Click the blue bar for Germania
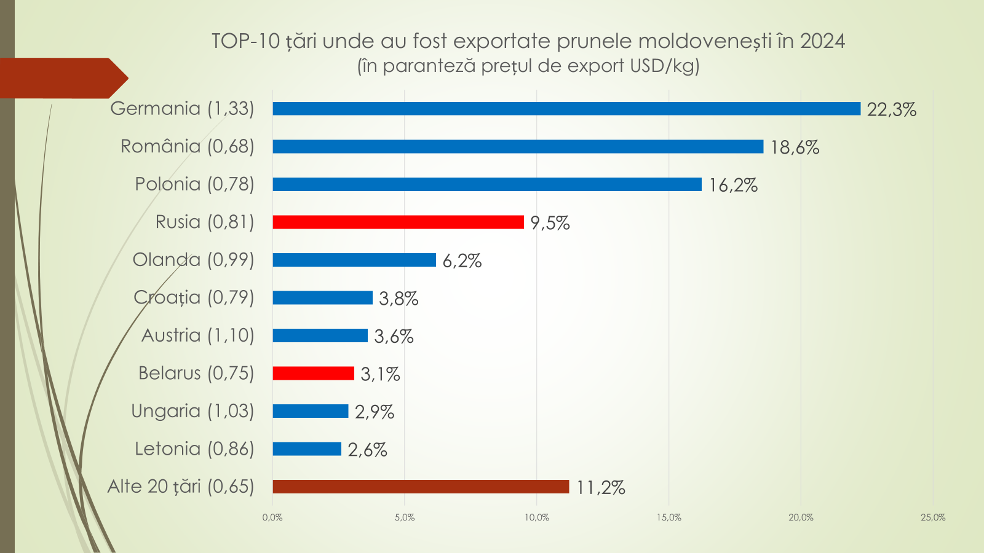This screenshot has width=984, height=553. coord(566,109)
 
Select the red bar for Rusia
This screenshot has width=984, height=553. coord(398,222)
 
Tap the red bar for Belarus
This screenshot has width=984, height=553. coord(313,373)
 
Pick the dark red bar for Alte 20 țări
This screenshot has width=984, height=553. coord(421,487)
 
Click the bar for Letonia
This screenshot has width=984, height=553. coord(307,449)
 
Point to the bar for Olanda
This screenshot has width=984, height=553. coord(354,260)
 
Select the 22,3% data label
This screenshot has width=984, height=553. coord(891,110)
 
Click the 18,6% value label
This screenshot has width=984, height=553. coord(795,147)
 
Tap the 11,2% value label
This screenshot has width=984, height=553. coord(600,488)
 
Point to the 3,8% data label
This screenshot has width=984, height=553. coord(399,299)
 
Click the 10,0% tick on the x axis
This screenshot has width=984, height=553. coord(537,517)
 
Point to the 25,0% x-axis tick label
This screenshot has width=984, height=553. coord(932,517)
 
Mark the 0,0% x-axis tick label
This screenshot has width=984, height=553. coord(272,517)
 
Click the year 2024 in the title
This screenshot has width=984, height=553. coord(822,41)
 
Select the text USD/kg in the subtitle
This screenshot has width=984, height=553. coord(664,66)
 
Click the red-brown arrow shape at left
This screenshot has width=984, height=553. coord(61,78)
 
